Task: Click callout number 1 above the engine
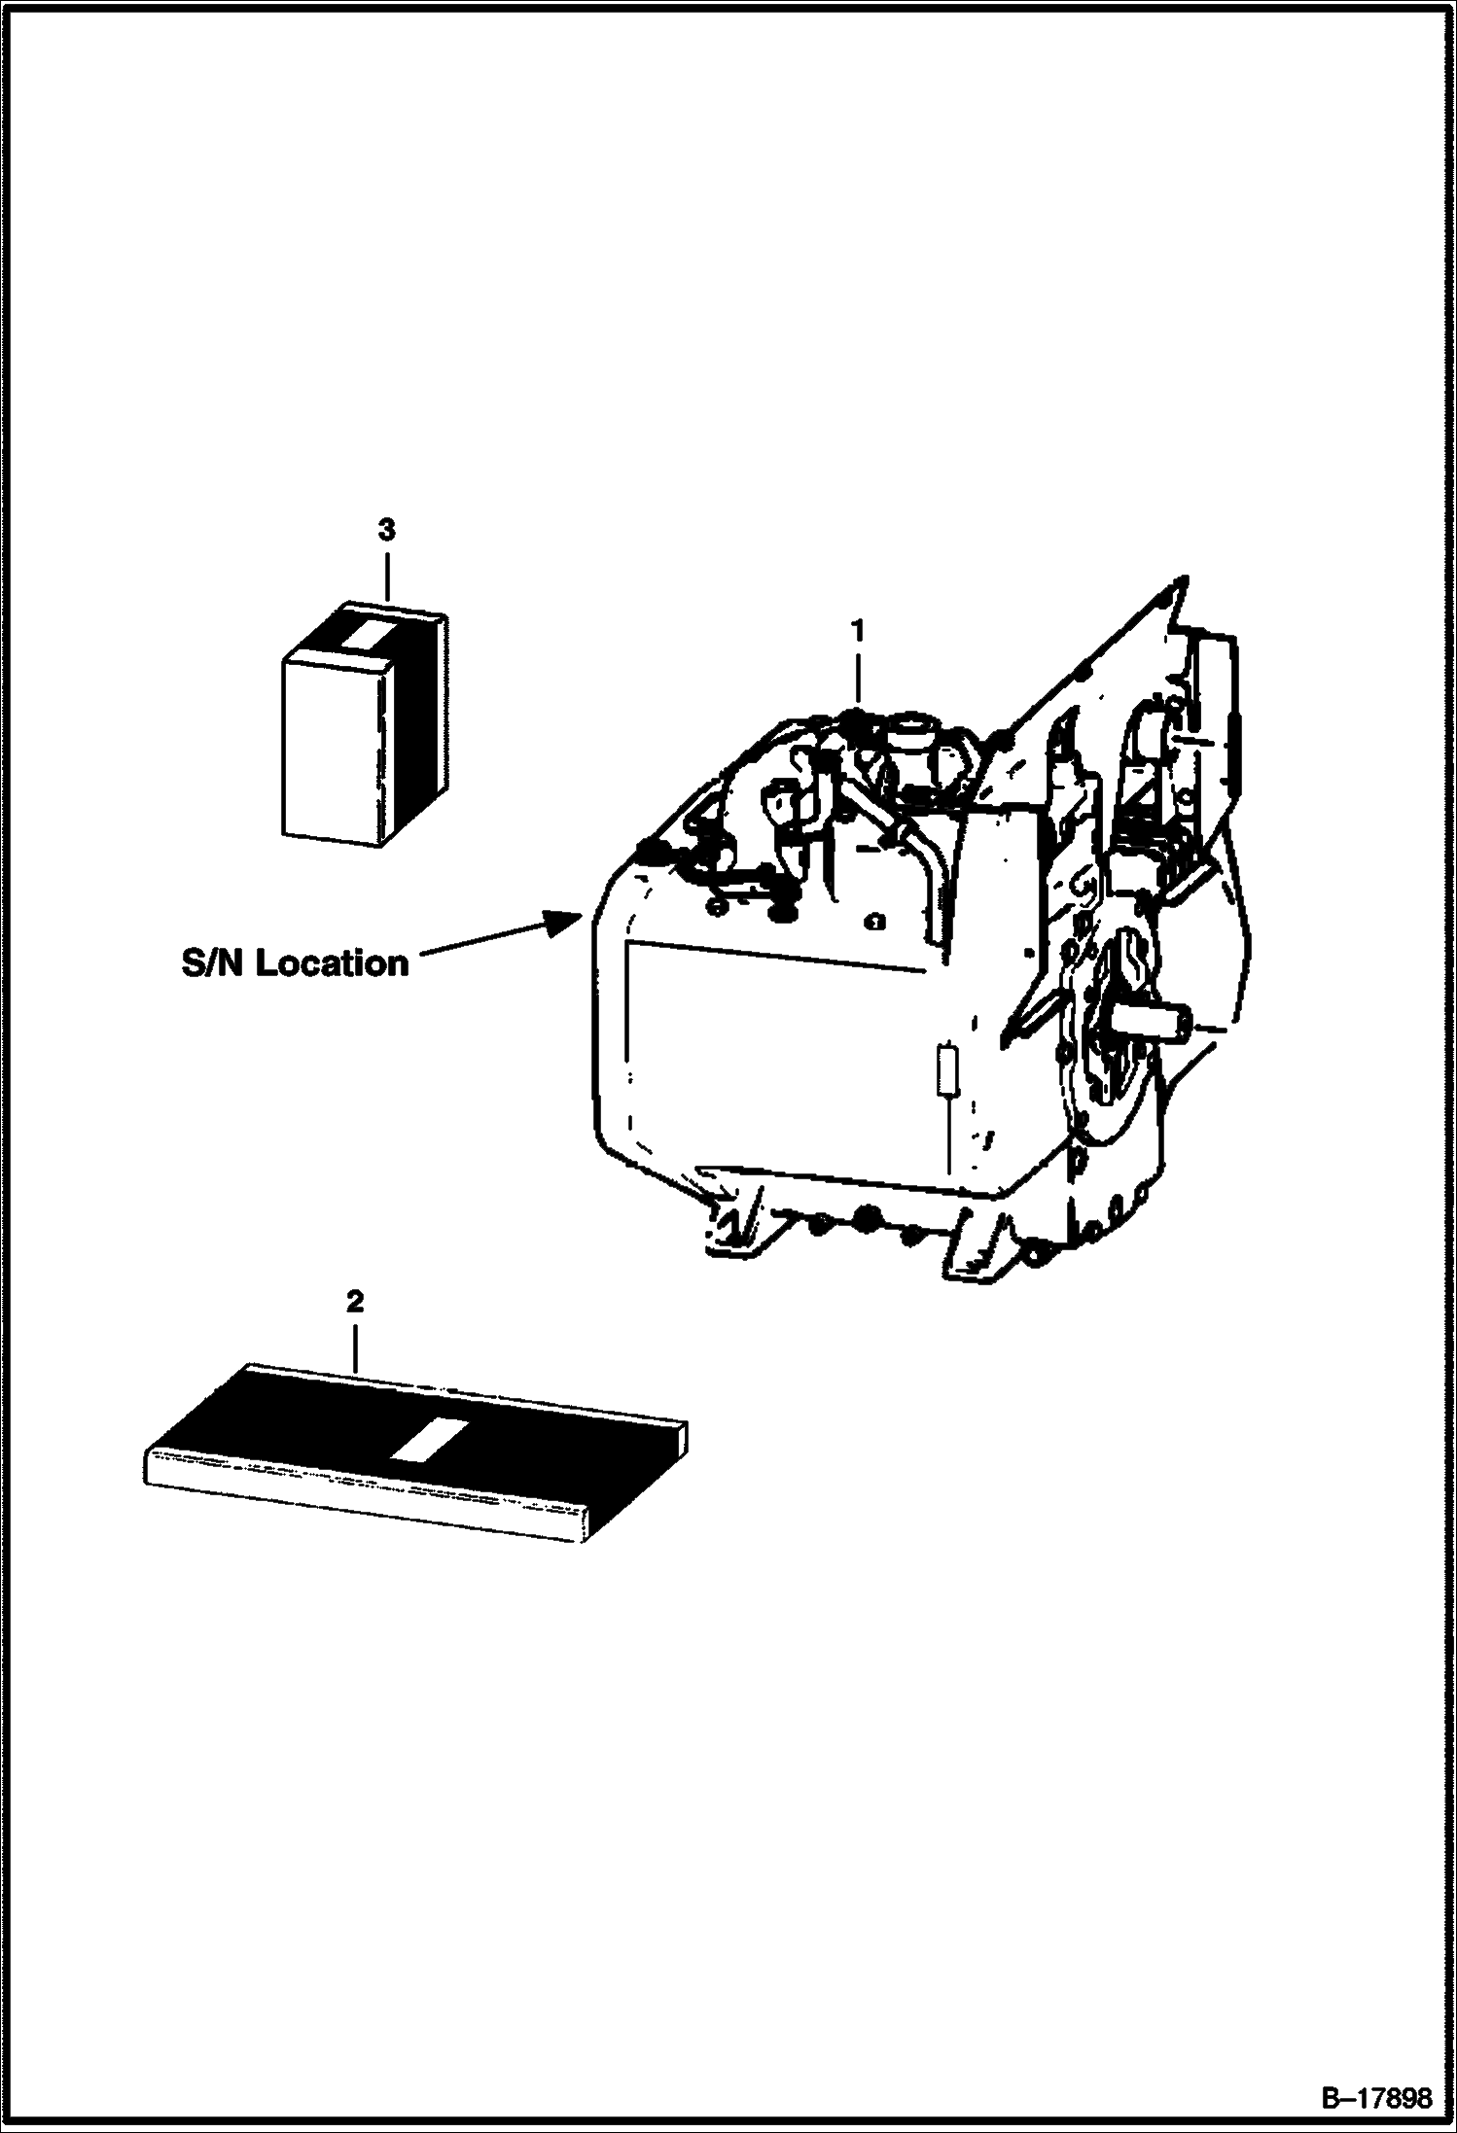857,633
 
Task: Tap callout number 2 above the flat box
355,1302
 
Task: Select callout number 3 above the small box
387,531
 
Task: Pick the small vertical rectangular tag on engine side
947,1071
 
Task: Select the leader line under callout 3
387,574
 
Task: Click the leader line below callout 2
355,1346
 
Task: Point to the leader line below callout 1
857,676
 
